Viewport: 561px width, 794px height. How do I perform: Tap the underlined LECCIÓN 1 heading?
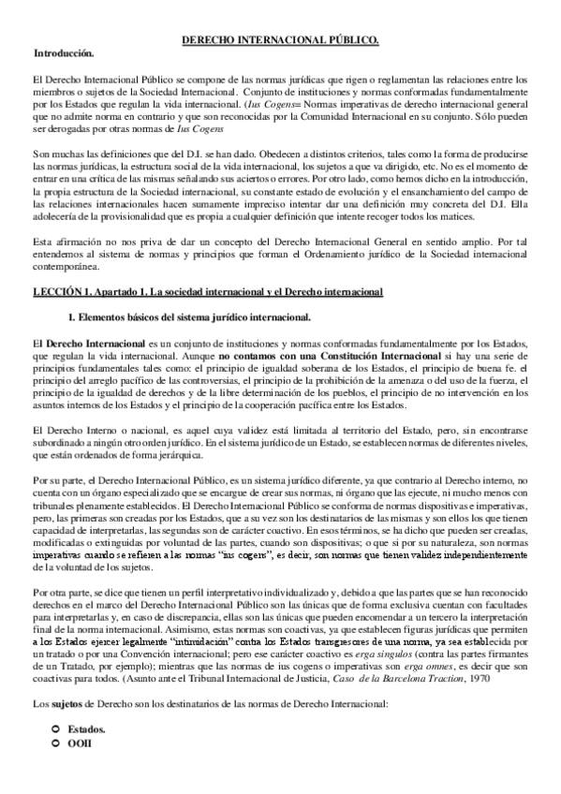[208, 292]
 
